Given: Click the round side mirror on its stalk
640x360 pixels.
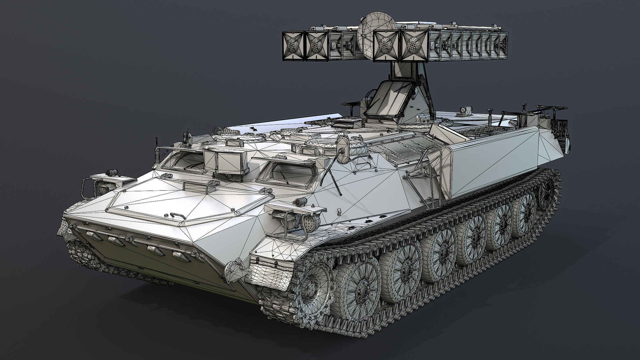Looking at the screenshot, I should click(344, 144).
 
